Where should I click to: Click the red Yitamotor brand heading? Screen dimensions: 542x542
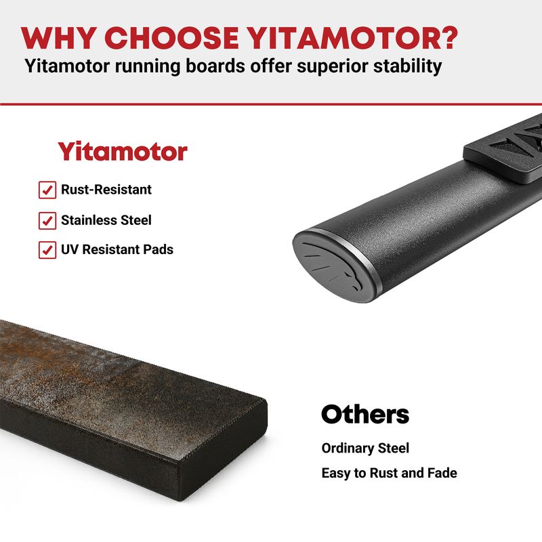pyautogui.click(x=123, y=151)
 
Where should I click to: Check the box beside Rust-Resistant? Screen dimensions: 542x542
pyautogui.click(x=47, y=190)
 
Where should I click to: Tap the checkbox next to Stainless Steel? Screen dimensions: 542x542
pyautogui.click(x=47, y=221)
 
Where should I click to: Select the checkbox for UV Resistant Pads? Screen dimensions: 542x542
pyautogui.click(x=47, y=250)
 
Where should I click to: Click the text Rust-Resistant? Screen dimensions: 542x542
pyautogui.click(x=106, y=190)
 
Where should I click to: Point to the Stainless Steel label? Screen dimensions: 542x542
pyautogui.click(x=106, y=220)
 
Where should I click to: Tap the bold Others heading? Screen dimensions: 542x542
pyautogui.click(x=365, y=414)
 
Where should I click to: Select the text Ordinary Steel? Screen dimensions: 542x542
pyautogui.click(x=365, y=448)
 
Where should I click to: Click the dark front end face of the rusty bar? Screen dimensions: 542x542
pyautogui.click(x=223, y=452)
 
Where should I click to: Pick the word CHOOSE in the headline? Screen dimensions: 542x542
pyautogui.click(x=171, y=38)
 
